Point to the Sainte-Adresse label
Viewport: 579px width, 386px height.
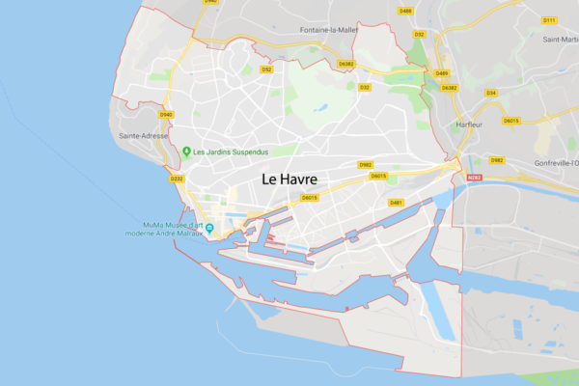click(143, 137)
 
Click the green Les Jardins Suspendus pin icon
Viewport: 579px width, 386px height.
click(185, 152)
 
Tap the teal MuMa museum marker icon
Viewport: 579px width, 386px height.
click(208, 228)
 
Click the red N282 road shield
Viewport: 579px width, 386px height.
click(473, 178)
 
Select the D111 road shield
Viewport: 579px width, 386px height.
click(549, 19)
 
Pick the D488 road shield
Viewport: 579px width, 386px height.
click(405, 11)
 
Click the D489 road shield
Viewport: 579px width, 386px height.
click(441, 73)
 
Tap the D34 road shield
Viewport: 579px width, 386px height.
click(490, 93)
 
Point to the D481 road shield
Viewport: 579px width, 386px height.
click(396, 203)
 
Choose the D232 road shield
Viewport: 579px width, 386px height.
click(176, 179)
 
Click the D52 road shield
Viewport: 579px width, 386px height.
click(267, 69)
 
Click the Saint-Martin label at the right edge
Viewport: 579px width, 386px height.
click(559, 40)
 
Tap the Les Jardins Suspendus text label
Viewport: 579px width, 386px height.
click(232, 152)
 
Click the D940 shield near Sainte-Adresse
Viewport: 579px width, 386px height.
click(166, 115)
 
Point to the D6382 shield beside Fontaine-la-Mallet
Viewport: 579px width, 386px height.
click(346, 64)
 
